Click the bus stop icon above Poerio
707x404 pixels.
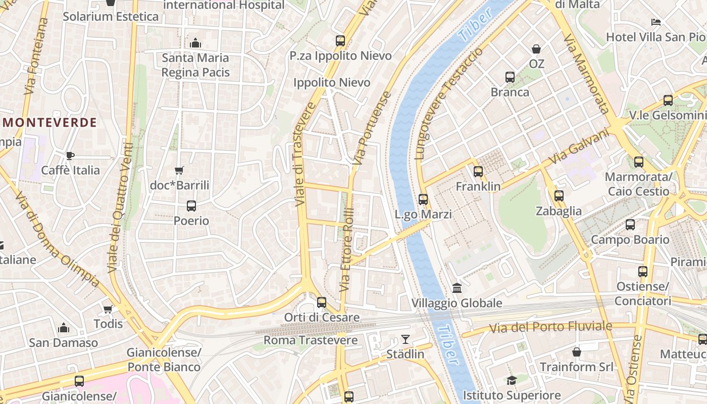click(191, 206)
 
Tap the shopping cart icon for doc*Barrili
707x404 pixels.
click(179, 171)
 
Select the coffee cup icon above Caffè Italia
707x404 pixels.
click(70, 156)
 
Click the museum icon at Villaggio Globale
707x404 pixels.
click(457, 288)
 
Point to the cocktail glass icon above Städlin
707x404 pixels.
click(405, 339)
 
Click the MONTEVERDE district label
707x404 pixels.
click(49, 123)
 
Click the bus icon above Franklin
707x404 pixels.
click(478, 172)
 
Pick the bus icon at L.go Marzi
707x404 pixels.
click(423, 199)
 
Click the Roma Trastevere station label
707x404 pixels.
click(311, 340)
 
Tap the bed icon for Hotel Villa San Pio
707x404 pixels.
click(656, 22)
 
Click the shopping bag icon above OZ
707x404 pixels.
click(536, 49)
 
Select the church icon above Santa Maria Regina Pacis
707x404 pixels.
click(195, 43)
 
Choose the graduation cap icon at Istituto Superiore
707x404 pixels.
click(512, 380)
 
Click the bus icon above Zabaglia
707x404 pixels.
click(559, 196)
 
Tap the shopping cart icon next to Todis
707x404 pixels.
click(108, 309)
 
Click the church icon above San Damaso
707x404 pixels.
click(63, 328)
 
